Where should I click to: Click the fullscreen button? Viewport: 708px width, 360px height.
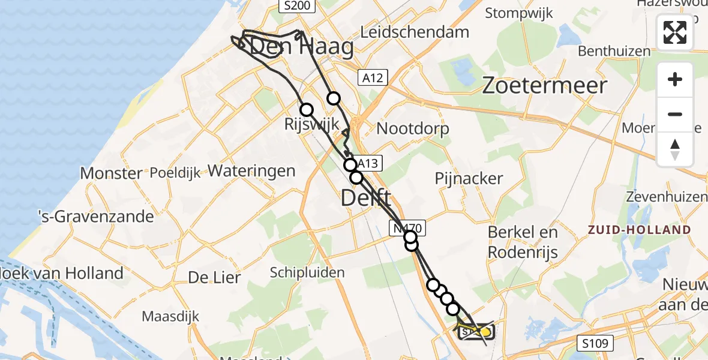675,32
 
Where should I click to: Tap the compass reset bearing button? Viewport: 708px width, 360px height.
675,149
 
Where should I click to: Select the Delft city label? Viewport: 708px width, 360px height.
366,197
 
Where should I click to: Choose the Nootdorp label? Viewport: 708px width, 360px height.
413,128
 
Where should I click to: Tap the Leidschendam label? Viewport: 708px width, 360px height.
415,33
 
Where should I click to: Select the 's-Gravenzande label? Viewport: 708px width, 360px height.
95,216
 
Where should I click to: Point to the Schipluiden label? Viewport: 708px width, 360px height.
307,273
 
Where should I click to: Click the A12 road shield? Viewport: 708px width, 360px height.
373,77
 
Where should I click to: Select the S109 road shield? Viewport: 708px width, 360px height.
596,344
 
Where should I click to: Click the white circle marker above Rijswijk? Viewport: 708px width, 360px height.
307,110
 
